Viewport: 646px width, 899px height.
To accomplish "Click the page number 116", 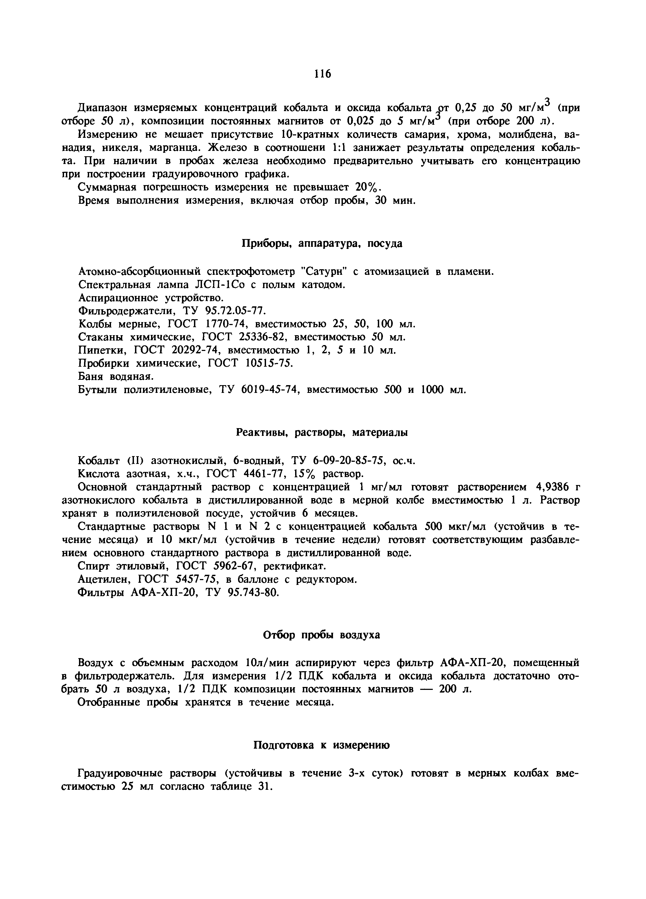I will (322, 74).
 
